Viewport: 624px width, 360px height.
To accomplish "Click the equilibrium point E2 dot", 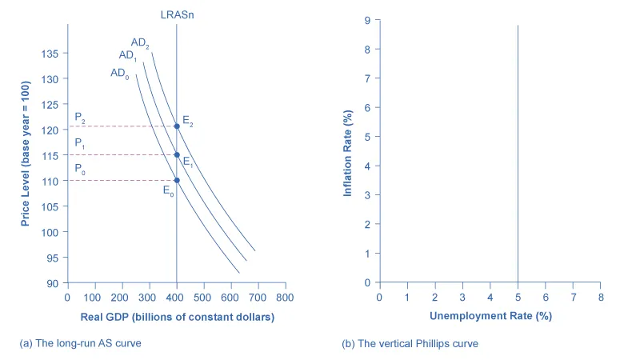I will point(177,126).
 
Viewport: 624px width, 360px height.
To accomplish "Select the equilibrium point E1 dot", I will point(177,154).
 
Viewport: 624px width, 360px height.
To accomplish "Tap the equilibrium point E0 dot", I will point(177,180).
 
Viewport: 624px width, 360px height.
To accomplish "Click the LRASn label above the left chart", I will point(177,13).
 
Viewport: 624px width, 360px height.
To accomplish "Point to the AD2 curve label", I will point(140,42).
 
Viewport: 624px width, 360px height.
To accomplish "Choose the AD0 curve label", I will point(119,74).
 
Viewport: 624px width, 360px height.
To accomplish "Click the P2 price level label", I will point(80,118).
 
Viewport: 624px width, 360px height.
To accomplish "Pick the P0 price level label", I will point(80,169).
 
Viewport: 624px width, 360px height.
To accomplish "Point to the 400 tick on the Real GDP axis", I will point(177,297).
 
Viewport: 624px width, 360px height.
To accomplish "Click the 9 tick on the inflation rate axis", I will point(366,20).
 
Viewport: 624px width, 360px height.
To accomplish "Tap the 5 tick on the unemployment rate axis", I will point(518,297).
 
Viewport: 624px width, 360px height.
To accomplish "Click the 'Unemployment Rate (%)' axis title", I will point(490,316).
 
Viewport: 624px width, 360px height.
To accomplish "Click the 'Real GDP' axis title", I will point(177,317).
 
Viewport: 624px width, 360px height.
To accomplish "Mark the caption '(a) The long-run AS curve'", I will point(84,343).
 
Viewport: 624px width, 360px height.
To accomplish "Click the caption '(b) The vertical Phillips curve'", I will point(410,343).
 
